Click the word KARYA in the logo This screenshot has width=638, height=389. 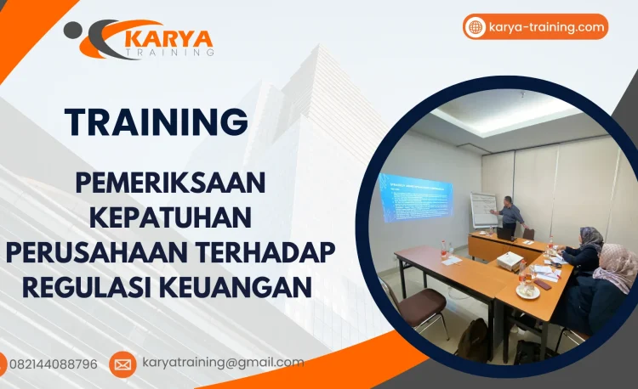pyautogui.click(x=168, y=37)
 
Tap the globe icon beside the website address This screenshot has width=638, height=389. pyautogui.click(x=476, y=27)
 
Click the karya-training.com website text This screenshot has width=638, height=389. pyautogui.click(x=547, y=27)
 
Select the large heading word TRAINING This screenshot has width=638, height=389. pyautogui.click(x=157, y=121)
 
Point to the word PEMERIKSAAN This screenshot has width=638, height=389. pyautogui.click(x=170, y=183)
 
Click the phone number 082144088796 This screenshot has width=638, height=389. pyautogui.click(x=53, y=364)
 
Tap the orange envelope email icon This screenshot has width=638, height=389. pyautogui.click(x=122, y=364)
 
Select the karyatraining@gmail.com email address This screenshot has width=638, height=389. pyautogui.click(x=223, y=363)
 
